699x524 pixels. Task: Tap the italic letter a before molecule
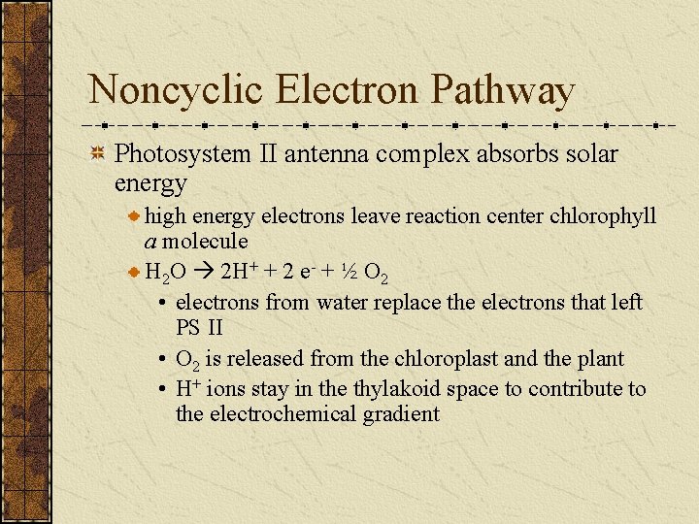(x=150, y=242)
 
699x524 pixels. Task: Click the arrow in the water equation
(x=208, y=271)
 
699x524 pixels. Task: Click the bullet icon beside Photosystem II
(x=97, y=153)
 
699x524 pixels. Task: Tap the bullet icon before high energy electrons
(x=135, y=215)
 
